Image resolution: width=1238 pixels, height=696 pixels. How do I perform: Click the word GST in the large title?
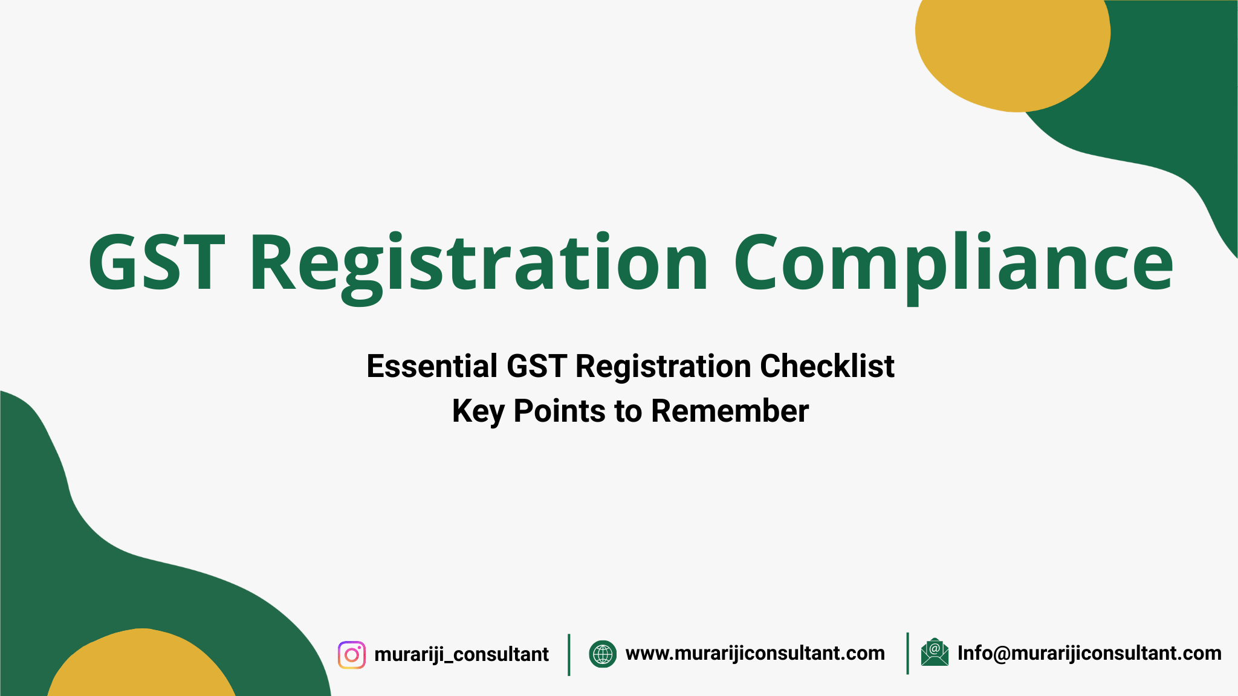click(x=156, y=263)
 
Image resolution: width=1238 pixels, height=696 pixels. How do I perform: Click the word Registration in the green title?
click(x=478, y=263)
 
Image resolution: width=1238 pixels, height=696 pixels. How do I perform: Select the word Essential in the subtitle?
click(x=432, y=366)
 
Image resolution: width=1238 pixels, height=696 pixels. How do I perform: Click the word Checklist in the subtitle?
click(x=827, y=366)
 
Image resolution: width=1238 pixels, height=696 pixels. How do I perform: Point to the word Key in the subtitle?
click(x=478, y=412)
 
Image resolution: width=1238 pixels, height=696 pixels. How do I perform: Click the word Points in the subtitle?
click(x=559, y=411)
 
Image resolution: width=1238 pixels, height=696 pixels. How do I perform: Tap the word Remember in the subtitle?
click(x=730, y=411)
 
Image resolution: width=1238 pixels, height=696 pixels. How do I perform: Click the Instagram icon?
click(x=352, y=655)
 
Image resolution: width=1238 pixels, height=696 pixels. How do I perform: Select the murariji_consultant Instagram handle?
click(x=461, y=654)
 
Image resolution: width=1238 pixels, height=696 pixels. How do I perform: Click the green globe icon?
click(x=603, y=654)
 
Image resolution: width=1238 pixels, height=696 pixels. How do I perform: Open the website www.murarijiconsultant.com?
click(x=755, y=653)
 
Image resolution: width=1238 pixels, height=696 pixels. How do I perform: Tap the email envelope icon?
click(x=935, y=652)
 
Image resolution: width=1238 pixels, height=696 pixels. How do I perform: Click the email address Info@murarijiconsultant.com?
click(x=1089, y=653)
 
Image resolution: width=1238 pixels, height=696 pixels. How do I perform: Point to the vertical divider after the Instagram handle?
click(x=569, y=654)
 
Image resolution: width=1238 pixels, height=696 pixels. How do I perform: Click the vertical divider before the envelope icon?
click(x=907, y=653)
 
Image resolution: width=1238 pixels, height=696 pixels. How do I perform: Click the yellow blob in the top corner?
click(x=1013, y=51)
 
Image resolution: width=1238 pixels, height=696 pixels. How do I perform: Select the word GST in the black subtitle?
click(x=536, y=366)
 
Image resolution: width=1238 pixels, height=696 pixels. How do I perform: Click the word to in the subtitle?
click(x=628, y=411)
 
